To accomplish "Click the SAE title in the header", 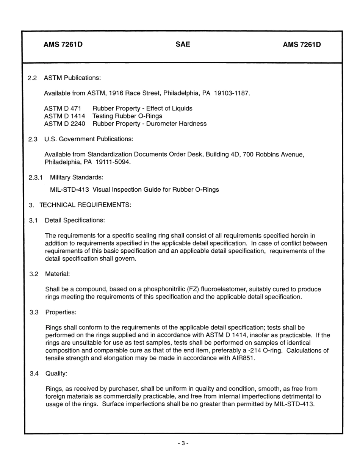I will point(183,44).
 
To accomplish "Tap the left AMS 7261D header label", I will point(63,45).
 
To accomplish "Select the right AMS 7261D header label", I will point(302,45).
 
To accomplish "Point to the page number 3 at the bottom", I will point(183,443).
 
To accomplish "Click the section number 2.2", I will point(33,78).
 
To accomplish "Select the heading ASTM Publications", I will point(72,78).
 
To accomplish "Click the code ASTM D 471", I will point(63,108).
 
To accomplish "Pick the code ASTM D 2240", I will point(64,124).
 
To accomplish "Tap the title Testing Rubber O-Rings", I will point(127,116).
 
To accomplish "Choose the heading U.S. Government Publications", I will point(89,139).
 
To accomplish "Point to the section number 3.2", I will point(34,274).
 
